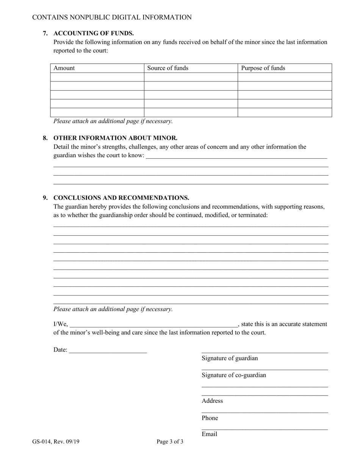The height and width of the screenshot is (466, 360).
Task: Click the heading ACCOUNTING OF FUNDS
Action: tap(93, 33)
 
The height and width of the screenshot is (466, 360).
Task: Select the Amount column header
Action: tap(64, 68)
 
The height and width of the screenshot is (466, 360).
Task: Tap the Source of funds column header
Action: tap(167, 68)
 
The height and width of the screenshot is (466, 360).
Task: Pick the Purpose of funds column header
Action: tap(263, 68)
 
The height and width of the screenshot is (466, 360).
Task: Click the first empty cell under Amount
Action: tap(97, 77)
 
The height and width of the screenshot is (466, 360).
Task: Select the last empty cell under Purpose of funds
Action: tap(285, 113)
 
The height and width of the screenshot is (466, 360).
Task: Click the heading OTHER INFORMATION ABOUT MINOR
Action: tap(115, 138)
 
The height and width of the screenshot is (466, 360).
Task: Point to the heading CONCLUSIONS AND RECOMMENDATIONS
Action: tap(121, 198)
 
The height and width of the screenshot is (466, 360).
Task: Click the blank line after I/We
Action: tap(153, 324)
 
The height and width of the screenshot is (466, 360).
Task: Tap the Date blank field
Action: tap(108, 350)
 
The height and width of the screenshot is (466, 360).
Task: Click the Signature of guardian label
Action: tap(230, 358)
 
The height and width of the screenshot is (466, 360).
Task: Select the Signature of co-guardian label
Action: tap(234, 375)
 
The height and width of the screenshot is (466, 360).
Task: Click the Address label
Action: tap(212, 401)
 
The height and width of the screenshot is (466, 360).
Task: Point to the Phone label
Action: tap(210, 418)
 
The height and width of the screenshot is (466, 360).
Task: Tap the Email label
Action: tap(209, 434)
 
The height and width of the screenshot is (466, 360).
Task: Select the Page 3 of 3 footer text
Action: tap(170, 441)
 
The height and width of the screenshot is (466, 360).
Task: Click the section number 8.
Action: tap(45, 138)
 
